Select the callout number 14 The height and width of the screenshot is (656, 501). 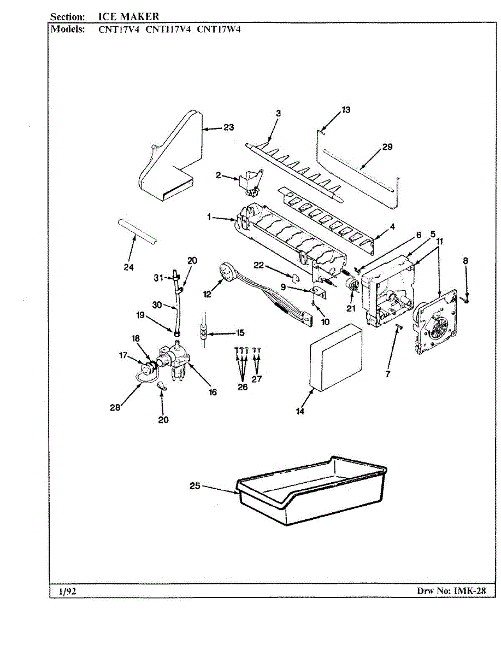300,412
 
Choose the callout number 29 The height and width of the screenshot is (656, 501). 387,147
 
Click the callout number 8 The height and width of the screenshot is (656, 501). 465,261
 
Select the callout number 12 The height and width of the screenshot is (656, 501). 208,294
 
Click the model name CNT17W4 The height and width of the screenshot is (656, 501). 219,30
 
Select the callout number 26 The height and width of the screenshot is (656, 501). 242,387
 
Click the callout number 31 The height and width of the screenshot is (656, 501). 158,278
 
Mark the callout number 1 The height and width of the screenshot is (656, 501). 209,217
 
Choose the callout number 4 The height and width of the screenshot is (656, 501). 392,226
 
